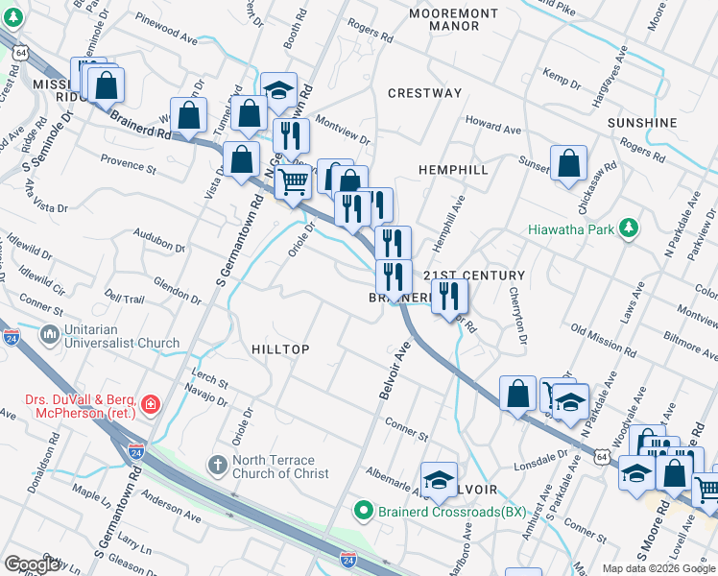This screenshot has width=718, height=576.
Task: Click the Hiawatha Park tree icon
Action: pos(629,228)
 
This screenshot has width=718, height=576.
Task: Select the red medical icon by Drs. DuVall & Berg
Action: pos(149,404)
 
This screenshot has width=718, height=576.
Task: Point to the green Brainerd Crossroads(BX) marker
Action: pos(363,511)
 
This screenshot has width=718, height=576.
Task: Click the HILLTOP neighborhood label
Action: pos(279,349)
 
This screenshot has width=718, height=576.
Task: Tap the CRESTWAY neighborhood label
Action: pos(424,93)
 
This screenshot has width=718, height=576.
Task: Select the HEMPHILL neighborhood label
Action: pos(453,169)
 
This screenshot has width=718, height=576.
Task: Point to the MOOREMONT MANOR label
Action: pos(453,20)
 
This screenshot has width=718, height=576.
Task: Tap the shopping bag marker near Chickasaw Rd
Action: pos(569,163)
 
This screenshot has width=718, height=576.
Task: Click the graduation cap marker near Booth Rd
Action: pos(278,90)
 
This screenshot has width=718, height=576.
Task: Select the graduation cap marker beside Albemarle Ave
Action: pos(439,480)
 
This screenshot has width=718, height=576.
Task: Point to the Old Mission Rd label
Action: pos(605,329)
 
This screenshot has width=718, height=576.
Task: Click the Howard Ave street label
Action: pos(492,126)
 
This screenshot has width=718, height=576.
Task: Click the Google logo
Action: pos(33,564)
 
